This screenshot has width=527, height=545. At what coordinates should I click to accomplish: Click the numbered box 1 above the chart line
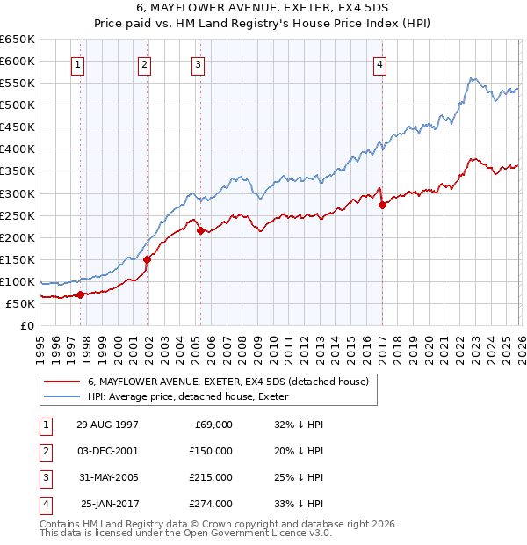pos(79,64)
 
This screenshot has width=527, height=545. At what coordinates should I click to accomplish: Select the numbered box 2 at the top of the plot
pos(144,64)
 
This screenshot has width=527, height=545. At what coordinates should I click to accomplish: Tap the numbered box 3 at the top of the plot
pos(199,64)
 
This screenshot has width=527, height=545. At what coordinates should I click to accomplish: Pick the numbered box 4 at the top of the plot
pos(379,64)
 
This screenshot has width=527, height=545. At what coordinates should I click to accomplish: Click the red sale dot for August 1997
pos(80,294)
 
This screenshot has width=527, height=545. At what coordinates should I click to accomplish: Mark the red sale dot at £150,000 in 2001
pos(147,259)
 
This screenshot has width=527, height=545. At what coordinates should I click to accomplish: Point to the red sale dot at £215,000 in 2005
pos(201,230)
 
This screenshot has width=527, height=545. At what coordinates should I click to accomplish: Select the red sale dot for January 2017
pos(382,205)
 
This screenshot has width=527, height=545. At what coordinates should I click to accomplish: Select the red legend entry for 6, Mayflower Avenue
pos(232,381)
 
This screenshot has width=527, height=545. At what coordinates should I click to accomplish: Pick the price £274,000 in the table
pos(211,504)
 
